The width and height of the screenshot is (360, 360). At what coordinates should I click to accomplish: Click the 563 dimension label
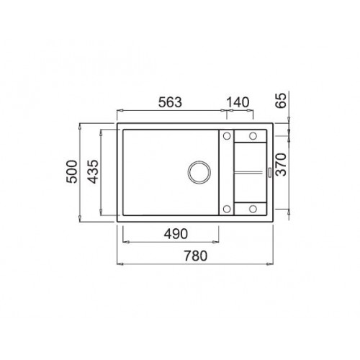170,102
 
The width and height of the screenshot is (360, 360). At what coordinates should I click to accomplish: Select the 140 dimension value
238,102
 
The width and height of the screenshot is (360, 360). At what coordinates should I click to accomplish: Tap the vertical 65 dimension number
281,100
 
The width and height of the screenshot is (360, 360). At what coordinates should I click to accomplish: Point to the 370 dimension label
281,164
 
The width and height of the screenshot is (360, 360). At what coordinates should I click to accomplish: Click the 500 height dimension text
72,171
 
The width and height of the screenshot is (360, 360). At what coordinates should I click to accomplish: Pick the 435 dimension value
93,171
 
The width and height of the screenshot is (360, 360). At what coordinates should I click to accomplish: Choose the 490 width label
176,234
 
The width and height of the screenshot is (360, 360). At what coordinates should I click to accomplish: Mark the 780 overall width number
195,256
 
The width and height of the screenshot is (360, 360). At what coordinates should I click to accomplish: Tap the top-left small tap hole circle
227,136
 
